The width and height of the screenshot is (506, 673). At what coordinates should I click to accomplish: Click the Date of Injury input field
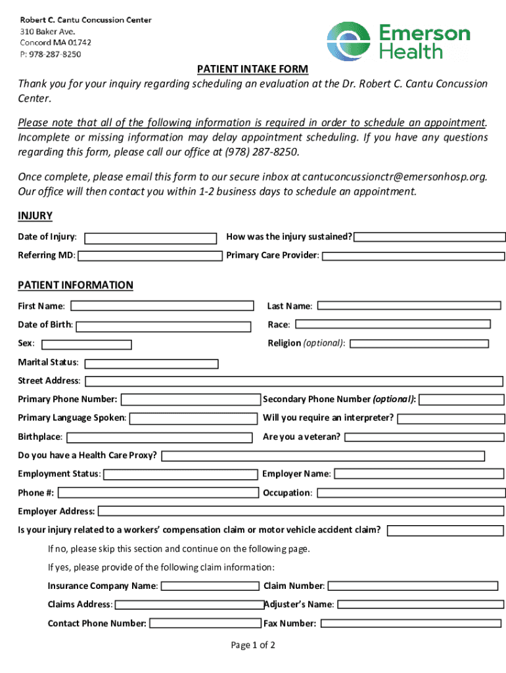(x=151, y=238)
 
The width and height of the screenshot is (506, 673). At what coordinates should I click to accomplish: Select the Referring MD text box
(x=150, y=256)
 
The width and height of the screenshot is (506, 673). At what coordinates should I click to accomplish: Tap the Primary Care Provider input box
(x=413, y=256)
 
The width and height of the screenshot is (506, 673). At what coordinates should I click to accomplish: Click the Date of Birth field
(x=163, y=326)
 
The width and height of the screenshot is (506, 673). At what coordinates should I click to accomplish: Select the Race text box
(x=392, y=324)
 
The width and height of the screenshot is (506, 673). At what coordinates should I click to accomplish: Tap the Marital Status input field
(x=152, y=363)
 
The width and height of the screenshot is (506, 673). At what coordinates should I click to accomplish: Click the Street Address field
(x=294, y=381)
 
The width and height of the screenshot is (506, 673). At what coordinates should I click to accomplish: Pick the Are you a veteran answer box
(x=425, y=437)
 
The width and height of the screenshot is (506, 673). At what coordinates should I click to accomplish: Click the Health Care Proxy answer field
(x=323, y=456)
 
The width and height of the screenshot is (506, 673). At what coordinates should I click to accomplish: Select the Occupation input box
(x=410, y=493)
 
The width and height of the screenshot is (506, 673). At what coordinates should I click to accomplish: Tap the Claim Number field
(x=413, y=586)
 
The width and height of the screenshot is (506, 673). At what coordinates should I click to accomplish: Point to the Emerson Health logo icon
(x=349, y=41)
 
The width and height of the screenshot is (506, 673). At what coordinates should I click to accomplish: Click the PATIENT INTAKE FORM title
(x=253, y=70)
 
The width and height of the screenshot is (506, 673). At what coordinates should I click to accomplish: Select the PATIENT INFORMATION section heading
(x=76, y=285)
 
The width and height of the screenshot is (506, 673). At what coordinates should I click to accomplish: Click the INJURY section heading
(x=35, y=216)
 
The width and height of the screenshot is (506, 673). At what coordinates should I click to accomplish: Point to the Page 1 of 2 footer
(x=253, y=645)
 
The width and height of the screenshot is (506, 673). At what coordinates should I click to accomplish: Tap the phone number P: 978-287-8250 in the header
(x=51, y=54)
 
